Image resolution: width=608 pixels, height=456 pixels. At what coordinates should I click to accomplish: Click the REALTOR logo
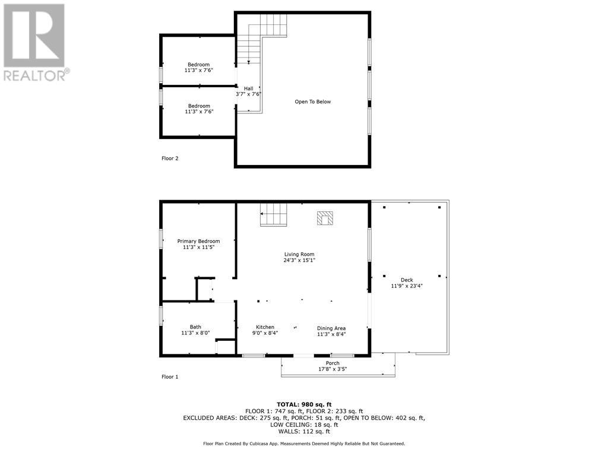pos(34,42)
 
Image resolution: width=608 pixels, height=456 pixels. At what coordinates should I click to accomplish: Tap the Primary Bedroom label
pos(198,241)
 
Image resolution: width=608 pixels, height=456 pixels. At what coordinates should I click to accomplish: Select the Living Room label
pos(299,254)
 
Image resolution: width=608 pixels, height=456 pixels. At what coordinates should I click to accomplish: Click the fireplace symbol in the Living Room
pos(325,218)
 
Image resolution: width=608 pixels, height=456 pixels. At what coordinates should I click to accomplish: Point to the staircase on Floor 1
pos(274,215)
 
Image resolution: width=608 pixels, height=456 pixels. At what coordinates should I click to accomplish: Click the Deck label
pos(407,280)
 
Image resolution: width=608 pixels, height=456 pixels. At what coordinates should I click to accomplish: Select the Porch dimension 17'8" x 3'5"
pos(332,369)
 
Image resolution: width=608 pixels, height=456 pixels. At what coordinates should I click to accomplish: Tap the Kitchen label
pos(265,327)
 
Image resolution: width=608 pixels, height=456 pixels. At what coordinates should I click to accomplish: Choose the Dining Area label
pos(331,328)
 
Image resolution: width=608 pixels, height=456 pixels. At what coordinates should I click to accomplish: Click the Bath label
pos(195,327)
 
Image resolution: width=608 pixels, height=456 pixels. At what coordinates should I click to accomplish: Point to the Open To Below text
pos(313,102)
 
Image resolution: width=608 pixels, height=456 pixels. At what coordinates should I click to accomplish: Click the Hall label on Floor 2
pos(248,88)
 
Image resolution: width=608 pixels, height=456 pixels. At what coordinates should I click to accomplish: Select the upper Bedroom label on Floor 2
pos(198,64)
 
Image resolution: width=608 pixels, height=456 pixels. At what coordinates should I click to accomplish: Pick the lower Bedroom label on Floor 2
pos(198,106)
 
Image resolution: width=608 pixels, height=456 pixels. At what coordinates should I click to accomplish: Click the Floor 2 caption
pos(170,159)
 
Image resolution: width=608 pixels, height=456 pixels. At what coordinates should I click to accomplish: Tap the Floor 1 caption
pos(170,376)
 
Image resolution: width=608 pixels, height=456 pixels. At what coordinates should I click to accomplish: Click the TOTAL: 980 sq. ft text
pos(304,404)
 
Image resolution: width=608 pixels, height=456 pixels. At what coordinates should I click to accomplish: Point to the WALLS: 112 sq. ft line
pos(304,432)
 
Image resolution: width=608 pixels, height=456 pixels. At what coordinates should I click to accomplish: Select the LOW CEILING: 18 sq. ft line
pos(304,425)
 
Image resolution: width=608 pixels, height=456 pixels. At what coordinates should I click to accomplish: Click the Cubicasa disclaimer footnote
pos(304,444)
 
